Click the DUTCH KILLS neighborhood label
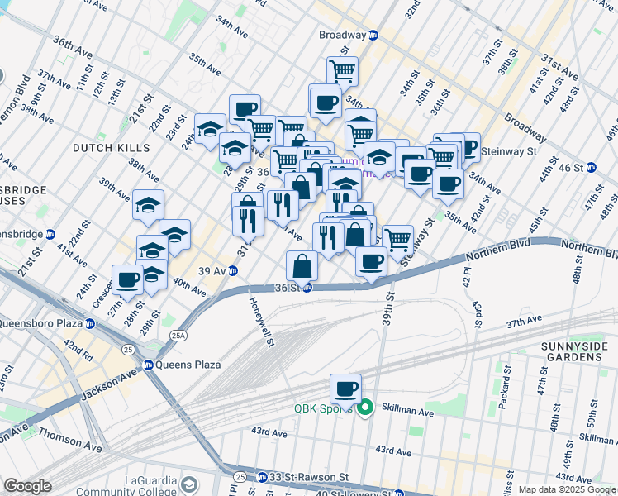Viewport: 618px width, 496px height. click(112, 148)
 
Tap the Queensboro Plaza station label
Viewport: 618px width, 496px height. click(45, 322)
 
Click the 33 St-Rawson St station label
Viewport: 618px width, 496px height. click(302, 477)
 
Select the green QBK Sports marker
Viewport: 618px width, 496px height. click(364, 408)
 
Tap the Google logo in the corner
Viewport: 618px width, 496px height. click(27, 486)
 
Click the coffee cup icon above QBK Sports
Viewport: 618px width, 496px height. click(345, 388)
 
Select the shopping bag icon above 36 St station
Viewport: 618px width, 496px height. click(302, 265)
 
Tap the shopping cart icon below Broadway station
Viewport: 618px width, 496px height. click(341, 70)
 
